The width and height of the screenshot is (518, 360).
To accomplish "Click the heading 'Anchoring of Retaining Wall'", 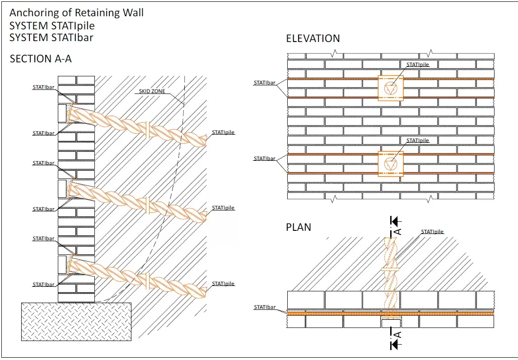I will click(x=77, y=13).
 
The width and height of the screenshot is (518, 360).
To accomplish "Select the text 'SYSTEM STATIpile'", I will click(x=52, y=25).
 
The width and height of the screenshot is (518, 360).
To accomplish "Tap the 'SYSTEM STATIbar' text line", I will click(x=51, y=37).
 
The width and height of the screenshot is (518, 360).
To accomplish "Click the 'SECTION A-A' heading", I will click(x=41, y=59).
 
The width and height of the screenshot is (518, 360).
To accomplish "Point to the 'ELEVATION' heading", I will click(x=313, y=39).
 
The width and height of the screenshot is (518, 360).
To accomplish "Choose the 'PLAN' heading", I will click(x=299, y=227).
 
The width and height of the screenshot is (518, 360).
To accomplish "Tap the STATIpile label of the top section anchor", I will click(x=224, y=132).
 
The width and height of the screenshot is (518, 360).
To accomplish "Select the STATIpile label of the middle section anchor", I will click(x=224, y=208).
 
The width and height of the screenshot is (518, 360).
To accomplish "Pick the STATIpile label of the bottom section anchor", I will click(x=224, y=284).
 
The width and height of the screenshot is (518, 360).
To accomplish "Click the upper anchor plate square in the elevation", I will click(x=391, y=88).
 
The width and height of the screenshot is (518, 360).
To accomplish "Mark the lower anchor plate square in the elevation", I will click(x=391, y=164).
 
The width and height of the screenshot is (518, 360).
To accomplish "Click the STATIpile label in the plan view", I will click(x=432, y=232).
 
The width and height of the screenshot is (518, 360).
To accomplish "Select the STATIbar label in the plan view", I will click(x=265, y=307).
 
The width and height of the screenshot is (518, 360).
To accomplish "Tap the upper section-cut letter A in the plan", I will click(x=398, y=231).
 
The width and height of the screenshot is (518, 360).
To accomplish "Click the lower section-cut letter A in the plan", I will click(x=398, y=334).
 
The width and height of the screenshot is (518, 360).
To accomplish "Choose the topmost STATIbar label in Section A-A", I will click(x=43, y=88).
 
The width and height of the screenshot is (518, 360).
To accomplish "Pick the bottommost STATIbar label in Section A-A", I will click(x=43, y=285).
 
